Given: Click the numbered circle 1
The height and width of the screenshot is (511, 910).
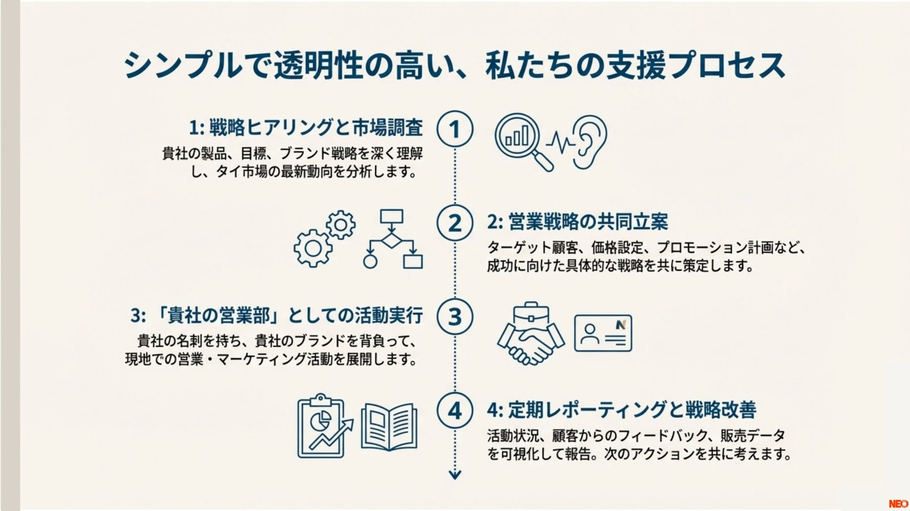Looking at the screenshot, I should pos(455,129).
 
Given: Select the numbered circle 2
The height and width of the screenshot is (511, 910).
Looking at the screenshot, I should pos(455,223).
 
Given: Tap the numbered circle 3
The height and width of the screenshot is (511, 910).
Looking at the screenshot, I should pos(455,316).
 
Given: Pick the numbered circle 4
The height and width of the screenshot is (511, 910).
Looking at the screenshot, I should pos(455,411).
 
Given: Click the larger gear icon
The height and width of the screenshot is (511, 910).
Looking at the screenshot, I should pos(313,248).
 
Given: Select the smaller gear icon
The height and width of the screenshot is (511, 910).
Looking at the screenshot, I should pos(340,225).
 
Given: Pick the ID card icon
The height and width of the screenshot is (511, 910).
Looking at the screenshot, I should pos(603,333).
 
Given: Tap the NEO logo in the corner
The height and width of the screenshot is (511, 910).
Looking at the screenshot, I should pos(898,504).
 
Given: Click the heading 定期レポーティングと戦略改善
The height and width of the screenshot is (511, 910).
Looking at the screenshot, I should pos(632,410).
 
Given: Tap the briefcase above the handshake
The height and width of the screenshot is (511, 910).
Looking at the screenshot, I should pos(531,317).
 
